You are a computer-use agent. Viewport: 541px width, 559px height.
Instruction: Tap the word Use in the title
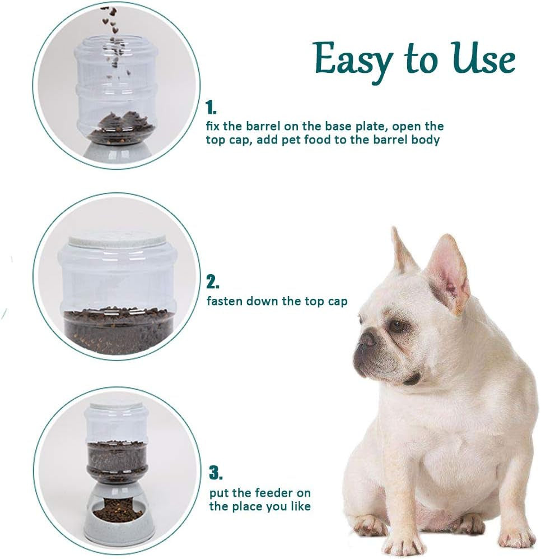click(x=483, y=59)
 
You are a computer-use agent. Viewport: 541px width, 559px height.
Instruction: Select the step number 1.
click(x=211, y=107)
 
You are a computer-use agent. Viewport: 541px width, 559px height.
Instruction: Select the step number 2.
click(x=213, y=281)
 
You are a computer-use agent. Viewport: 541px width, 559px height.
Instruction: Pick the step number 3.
click(x=216, y=473)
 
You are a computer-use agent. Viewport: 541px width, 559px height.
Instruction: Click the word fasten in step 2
click(x=224, y=301)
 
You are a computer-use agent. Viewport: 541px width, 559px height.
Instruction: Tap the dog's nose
click(x=367, y=338)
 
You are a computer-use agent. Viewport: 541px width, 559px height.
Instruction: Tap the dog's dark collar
click(x=413, y=380)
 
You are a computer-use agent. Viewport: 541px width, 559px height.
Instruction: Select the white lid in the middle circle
click(x=117, y=240)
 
